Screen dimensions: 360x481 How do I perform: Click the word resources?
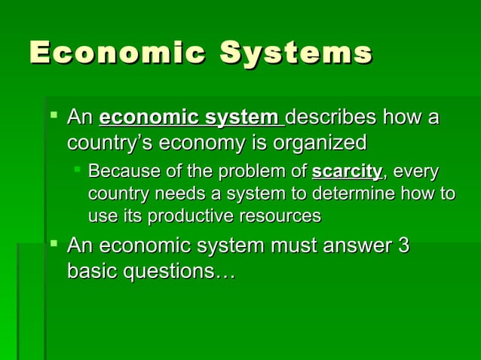tap(279, 216)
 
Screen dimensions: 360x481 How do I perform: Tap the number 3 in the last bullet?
tap(403, 246)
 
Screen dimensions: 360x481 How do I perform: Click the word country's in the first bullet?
tap(104, 142)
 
